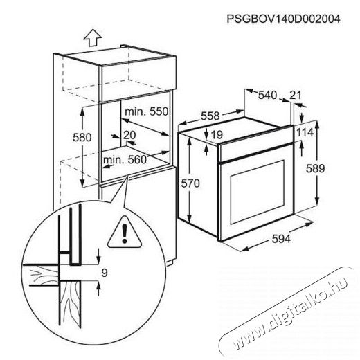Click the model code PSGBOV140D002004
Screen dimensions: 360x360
coord(283,19)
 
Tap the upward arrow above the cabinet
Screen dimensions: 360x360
coord(92,38)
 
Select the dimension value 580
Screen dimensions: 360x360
coord(82,137)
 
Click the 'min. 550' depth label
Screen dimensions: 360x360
coord(146,111)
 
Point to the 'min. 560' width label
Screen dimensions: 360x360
coord(125,159)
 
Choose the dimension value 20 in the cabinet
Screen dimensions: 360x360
coord(129,135)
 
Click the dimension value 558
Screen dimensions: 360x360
coord(210,116)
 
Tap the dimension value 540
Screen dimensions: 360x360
coord(267,95)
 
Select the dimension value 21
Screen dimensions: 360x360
coord(296,95)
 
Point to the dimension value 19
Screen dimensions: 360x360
coord(217,135)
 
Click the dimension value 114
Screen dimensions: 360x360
coord(305,133)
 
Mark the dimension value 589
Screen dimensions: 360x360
coord(315,168)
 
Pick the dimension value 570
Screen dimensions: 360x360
coord(190,183)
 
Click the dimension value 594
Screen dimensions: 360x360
coord(281,239)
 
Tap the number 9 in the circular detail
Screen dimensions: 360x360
coord(105,273)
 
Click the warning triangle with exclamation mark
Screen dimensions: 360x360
coord(125,232)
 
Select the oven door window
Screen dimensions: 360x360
coord(258,192)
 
